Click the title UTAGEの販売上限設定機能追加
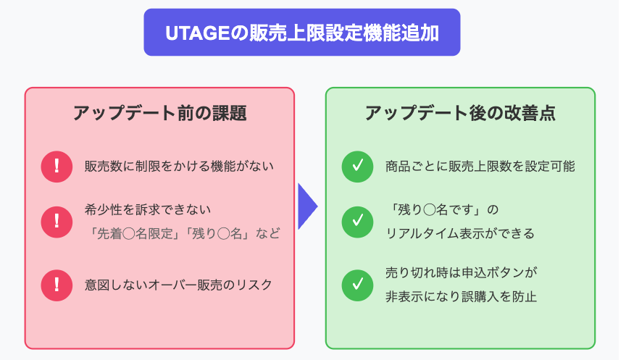click(x=302, y=33)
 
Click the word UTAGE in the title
click(x=198, y=33)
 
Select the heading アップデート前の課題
click(x=159, y=113)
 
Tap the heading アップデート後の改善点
click(x=460, y=113)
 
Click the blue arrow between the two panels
click(x=308, y=206)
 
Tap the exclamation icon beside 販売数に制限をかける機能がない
click(x=57, y=167)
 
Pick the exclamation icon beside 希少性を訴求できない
click(x=57, y=222)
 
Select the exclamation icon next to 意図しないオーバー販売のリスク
click(x=57, y=285)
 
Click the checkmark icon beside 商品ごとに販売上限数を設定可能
click(x=357, y=167)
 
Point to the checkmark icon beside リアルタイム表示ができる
click(x=357, y=222)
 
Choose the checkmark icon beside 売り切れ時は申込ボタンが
click(x=357, y=285)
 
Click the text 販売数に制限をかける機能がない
click(x=179, y=167)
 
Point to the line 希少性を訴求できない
click(x=147, y=209)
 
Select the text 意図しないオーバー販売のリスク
click(x=178, y=285)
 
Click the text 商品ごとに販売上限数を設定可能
click(x=480, y=167)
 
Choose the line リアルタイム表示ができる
click(x=460, y=233)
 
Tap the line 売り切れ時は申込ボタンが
click(x=462, y=273)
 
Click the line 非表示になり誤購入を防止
click(x=461, y=296)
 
